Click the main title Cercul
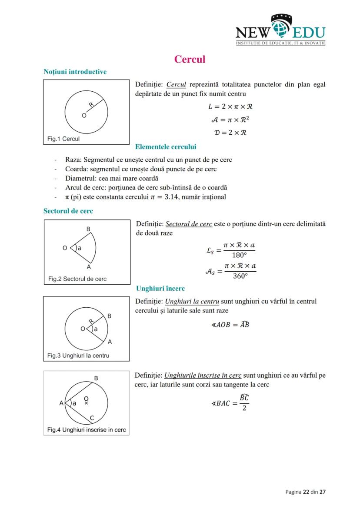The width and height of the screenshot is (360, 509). (190, 59)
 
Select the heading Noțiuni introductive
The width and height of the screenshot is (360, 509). (75, 71)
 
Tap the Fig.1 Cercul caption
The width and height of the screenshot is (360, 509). (63, 139)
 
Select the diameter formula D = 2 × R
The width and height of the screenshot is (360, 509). (230, 132)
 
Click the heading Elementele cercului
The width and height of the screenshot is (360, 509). (166, 147)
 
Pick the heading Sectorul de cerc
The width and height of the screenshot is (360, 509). (68, 211)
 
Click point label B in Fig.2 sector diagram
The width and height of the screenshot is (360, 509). (88, 229)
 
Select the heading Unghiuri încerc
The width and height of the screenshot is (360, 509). (160, 288)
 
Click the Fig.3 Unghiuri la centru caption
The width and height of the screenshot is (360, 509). (78, 356)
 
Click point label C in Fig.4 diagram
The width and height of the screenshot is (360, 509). (92, 418)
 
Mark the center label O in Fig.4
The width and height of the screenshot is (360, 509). (86, 398)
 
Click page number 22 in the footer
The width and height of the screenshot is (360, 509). (306, 492)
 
